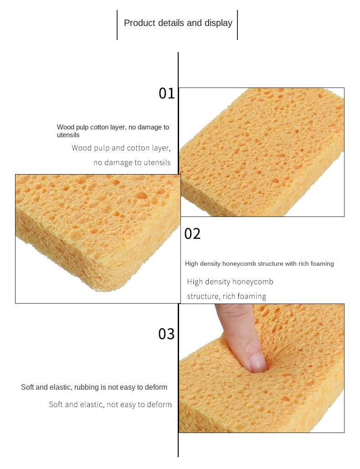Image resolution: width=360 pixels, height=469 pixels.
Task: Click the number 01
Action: point(166,93)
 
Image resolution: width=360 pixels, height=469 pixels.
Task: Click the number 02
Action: point(192,234)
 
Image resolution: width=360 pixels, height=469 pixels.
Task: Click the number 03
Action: point(166,334)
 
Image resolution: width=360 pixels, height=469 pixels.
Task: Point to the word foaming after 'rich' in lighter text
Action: point(251,296)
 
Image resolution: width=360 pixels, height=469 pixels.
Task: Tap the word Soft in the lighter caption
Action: point(56,404)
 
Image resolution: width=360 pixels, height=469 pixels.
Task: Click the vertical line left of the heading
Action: point(117,25)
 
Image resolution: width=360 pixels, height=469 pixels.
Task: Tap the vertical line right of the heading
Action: point(237,25)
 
